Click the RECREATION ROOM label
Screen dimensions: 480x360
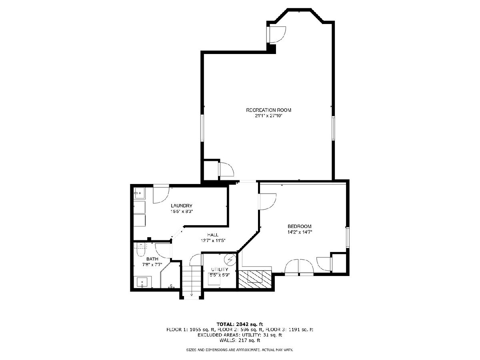coord(268,110)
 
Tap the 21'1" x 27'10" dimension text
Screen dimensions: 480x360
coord(269,116)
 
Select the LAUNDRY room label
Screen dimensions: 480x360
coord(182,206)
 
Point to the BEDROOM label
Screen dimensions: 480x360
coord(299,226)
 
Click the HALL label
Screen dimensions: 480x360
coord(213,235)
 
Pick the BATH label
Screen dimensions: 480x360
coord(152,259)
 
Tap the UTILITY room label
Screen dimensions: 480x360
coord(220,270)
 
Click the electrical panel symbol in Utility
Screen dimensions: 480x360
coord(230,260)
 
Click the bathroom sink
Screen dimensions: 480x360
coord(142,282)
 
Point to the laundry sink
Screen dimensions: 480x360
coord(139,193)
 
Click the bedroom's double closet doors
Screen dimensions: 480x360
coord(299,267)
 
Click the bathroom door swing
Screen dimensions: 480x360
coord(163,251)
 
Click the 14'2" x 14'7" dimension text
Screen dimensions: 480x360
coord(300,232)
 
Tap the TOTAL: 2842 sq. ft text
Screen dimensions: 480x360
coord(240,324)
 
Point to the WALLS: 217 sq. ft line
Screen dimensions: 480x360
coord(240,340)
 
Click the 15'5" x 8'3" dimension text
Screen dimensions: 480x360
coord(182,211)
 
